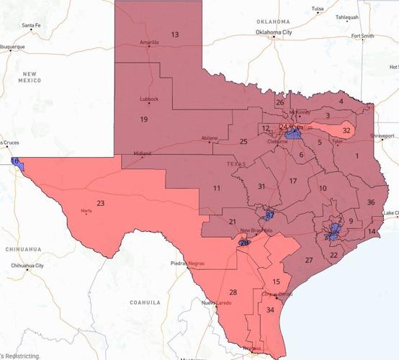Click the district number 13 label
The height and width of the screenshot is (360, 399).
(174, 35)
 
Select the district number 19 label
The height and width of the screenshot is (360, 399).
(144, 119)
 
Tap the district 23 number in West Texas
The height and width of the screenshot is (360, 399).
(100, 204)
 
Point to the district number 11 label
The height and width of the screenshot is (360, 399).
(216, 188)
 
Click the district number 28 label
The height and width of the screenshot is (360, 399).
(233, 292)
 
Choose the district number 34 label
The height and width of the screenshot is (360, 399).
(270, 310)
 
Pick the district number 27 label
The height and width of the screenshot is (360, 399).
(308, 260)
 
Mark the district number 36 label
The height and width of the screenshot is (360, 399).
(370, 202)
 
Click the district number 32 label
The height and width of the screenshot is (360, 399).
(346, 130)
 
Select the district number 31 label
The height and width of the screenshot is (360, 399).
(261, 186)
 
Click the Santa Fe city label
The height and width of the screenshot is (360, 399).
(32, 25)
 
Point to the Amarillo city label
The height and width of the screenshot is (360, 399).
(149, 42)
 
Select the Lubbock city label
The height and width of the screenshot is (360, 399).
(149, 99)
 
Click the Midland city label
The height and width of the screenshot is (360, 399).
(143, 153)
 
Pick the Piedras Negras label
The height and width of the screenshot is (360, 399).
(189, 264)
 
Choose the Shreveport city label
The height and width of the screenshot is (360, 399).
(382, 135)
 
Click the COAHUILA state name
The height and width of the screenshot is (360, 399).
(145, 303)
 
